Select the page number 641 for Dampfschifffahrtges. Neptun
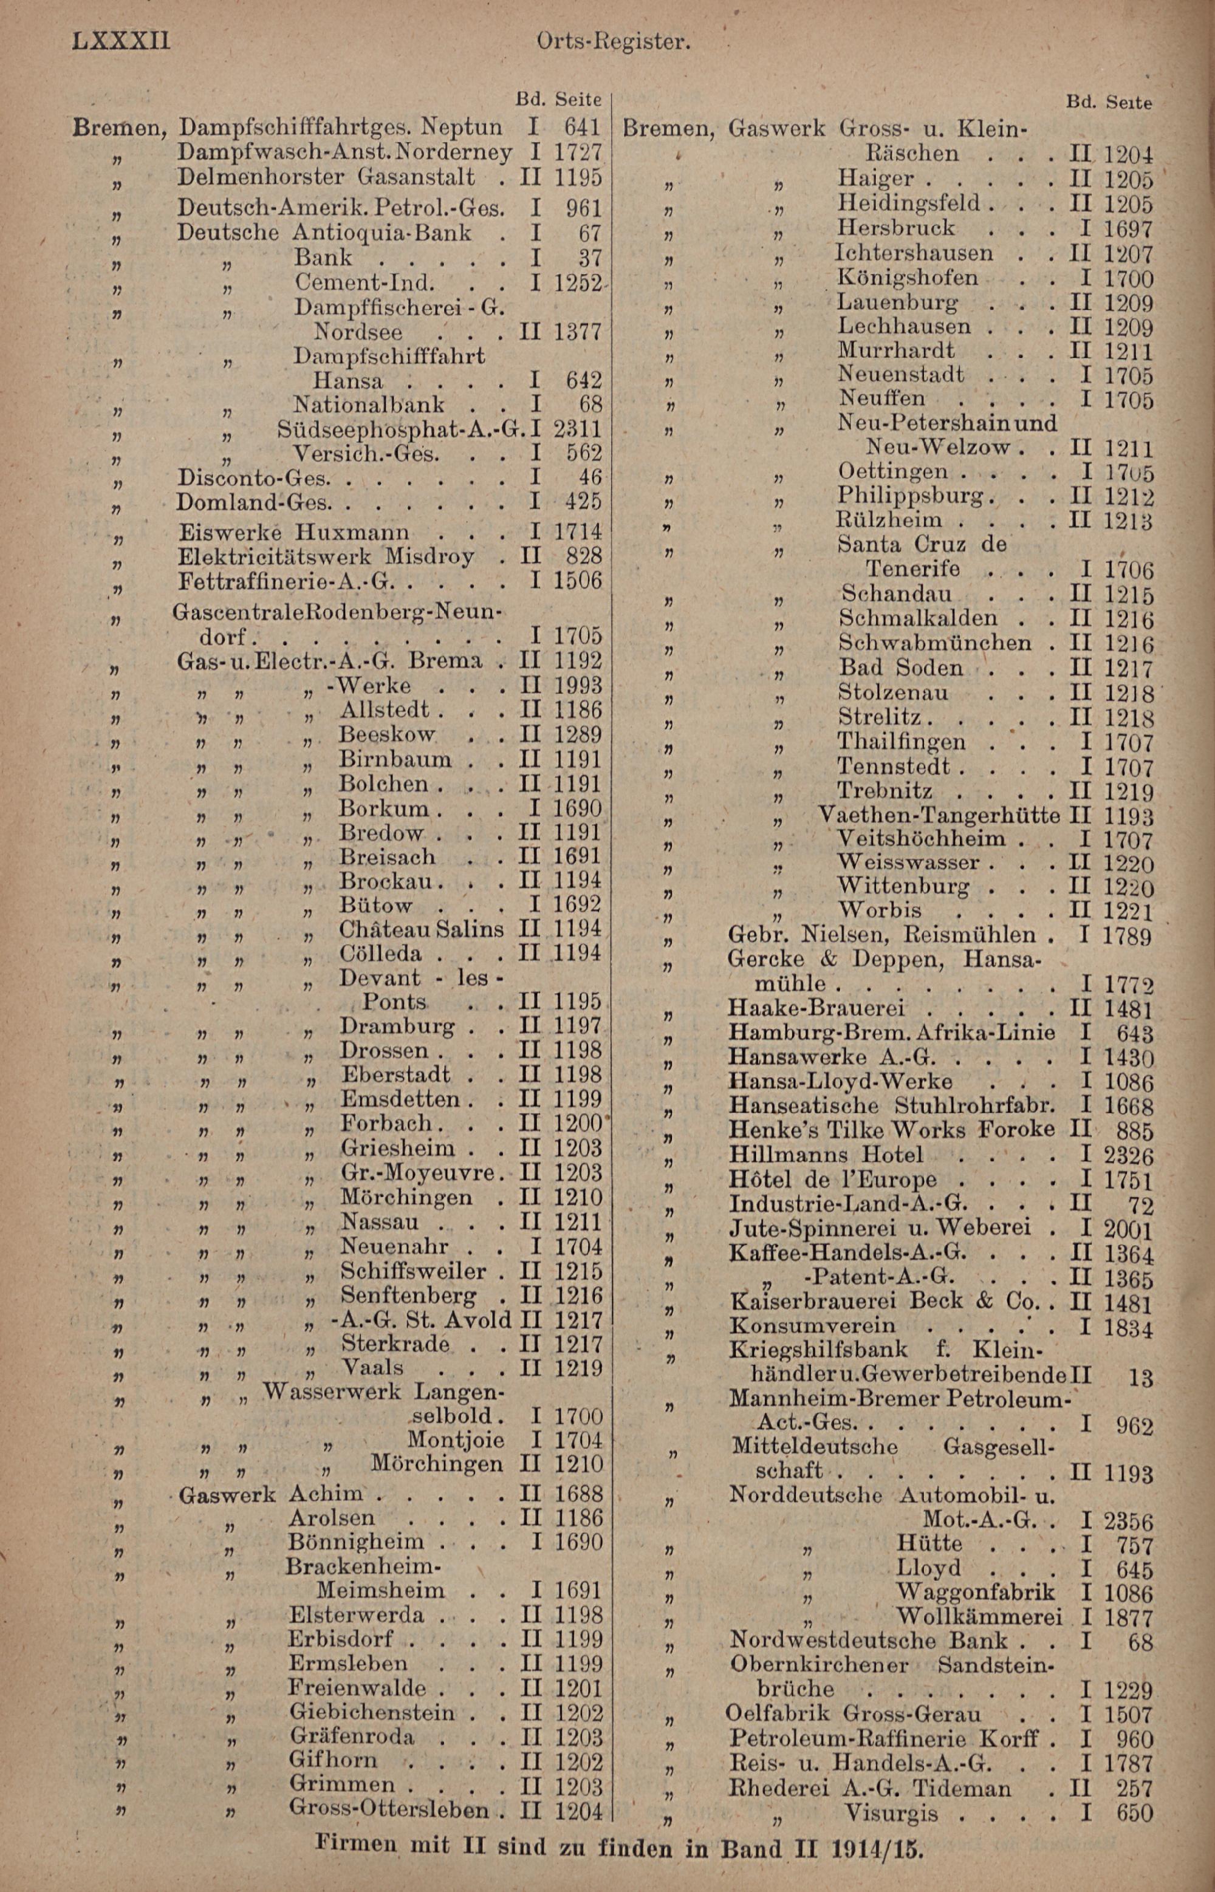coord(583,128)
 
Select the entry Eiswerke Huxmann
coord(293,531)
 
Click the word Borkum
coord(383,808)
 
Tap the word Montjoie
coord(456,1440)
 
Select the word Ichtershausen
coord(914,253)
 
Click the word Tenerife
coord(913,569)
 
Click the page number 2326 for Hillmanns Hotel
coord(1128,1156)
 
